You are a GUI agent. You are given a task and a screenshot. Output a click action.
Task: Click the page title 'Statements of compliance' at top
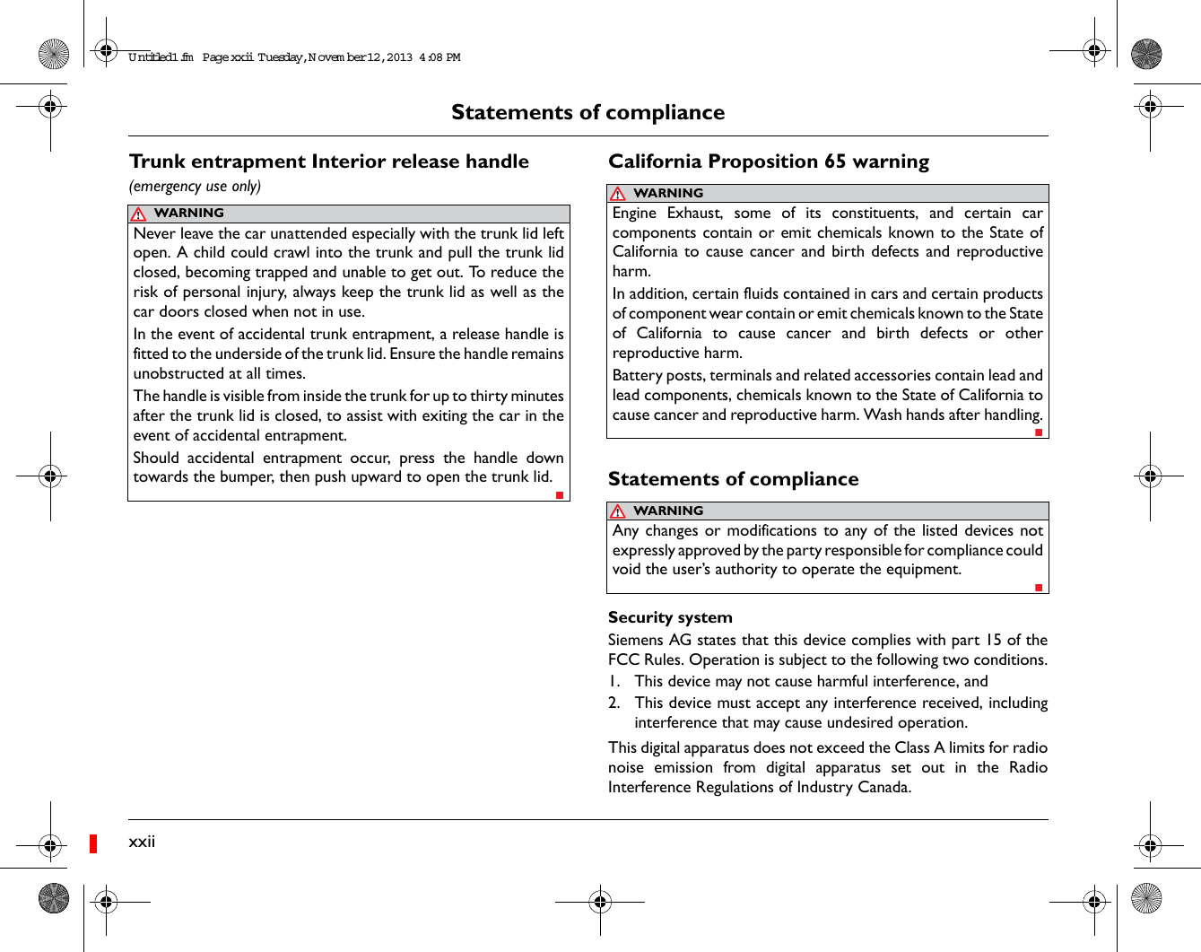point(587,112)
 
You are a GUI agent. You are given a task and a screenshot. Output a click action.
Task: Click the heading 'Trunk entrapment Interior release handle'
point(329,162)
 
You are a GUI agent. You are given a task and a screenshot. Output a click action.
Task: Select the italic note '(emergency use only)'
point(195,186)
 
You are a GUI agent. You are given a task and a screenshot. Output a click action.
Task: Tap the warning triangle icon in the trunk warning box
point(138,214)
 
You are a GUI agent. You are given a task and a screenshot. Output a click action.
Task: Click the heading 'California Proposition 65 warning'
point(769,162)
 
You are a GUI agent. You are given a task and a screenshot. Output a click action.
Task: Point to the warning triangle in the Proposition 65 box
point(617,194)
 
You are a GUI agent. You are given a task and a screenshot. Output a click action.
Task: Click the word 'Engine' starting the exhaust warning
point(634,214)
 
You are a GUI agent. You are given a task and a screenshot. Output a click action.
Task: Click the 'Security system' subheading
point(670,617)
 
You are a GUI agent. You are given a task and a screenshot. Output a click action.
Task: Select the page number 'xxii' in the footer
point(142,841)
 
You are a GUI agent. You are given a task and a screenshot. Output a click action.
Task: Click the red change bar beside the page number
point(93,843)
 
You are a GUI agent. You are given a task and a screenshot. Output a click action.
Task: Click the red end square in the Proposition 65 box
point(1039,432)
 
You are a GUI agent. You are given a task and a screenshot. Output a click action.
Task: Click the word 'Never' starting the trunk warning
point(154,233)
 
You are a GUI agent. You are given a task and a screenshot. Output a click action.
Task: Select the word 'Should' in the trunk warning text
point(156,458)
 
